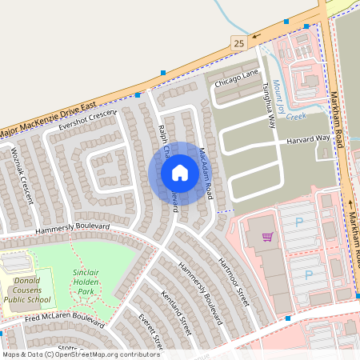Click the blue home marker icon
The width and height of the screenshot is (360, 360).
click(x=180, y=172)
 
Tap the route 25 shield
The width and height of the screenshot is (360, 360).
click(x=238, y=42)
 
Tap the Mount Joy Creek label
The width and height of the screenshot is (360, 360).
click(x=287, y=99)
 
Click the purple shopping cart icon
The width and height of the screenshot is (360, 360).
click(x=267, y=237)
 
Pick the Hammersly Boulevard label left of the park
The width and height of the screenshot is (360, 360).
click(x=72, y=230)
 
